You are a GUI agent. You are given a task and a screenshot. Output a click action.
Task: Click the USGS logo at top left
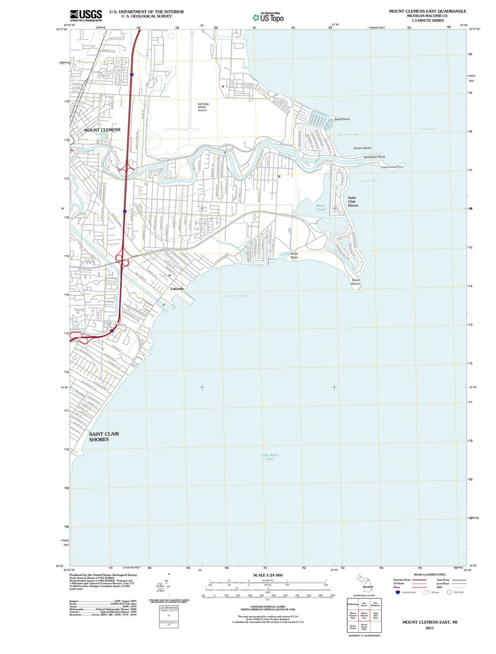click(x=86, y=16)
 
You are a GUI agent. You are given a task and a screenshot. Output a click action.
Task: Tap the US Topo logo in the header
click(x=268, y=17)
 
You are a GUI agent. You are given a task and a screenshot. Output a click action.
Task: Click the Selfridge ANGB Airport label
click(x=203, y=107)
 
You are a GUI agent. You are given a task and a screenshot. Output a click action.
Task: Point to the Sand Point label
click(x=342, y=119)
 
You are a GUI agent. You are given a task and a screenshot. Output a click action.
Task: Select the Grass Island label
click(x=362, y=148)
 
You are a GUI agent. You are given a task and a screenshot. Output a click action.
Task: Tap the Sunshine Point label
click(x=374, y=157)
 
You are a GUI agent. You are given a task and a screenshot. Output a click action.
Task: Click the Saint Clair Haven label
click(x=352, y=201)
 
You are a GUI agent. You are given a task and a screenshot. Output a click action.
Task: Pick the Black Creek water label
click(x=321, y=207)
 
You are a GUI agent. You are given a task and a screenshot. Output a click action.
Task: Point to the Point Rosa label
click(x=294, y=256)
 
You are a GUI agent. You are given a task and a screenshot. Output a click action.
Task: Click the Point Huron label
click(x=355, y=282)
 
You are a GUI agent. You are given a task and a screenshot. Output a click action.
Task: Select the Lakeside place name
click(x=177, y=289)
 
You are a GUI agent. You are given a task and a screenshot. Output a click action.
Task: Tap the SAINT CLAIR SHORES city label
click(x=104, y=437)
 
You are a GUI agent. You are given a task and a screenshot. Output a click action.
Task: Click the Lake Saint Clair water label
click(x=270, y=457)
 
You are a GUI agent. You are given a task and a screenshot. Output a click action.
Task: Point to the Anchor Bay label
click(x=427, y=129)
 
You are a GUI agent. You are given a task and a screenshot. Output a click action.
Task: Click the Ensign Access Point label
click(x=392, y=167)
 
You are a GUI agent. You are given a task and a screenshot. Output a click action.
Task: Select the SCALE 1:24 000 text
click(x=268, y=575)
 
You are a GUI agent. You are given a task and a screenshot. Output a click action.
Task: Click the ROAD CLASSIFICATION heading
click(x=429, y=574)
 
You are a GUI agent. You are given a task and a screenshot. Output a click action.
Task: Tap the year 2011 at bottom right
click(x=429, y=628)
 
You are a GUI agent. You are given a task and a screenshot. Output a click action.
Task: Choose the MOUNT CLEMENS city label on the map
click(x=102, y=130)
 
